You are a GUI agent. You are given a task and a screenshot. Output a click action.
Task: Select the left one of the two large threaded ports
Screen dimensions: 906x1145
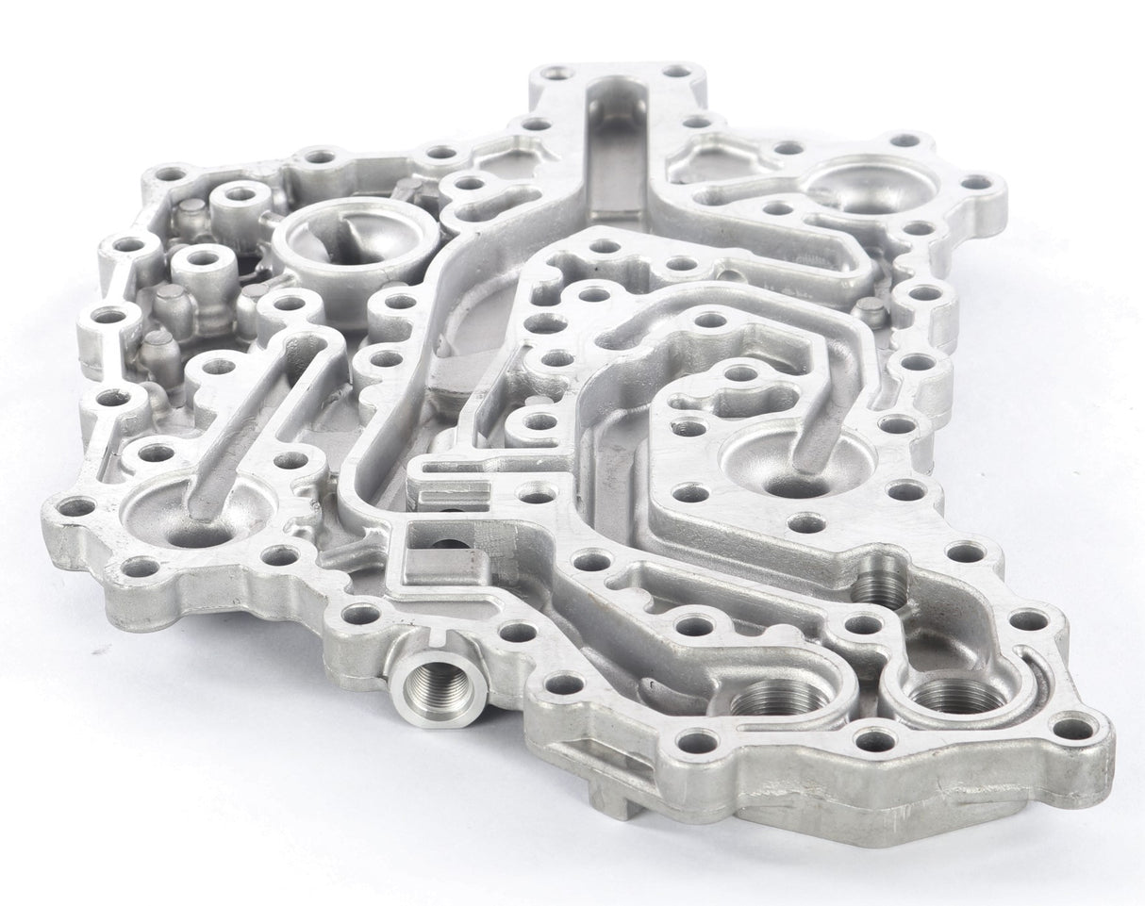[779, 700]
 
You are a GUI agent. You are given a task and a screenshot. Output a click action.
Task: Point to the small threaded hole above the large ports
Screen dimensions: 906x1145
[878, 585]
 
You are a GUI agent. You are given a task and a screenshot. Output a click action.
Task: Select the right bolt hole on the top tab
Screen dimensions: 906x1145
[676, 72]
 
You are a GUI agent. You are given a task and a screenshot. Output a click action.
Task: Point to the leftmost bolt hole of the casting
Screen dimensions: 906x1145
[77, 507]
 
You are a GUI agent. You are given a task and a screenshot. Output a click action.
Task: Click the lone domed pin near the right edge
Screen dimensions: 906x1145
[870, 311]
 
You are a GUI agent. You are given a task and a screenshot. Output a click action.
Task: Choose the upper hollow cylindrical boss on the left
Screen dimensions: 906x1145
[241, 198]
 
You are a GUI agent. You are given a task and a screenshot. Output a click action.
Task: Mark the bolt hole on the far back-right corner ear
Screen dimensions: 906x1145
[977, 182]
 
